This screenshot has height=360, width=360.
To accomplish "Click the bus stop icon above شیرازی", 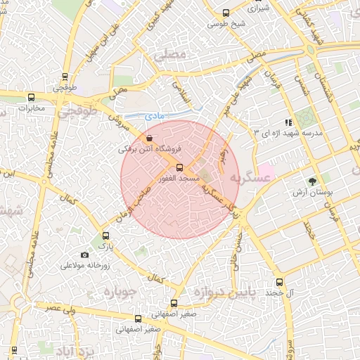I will click(x=226, y=12).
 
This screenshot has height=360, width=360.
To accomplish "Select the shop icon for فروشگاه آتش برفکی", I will click(x=149, y=139).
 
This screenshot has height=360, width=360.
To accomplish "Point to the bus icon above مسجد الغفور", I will click(x=180, y=167).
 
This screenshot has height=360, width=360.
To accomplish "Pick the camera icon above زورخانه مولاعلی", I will click(x=85, y=255).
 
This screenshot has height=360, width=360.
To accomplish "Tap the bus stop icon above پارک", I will click(x=106, y=236).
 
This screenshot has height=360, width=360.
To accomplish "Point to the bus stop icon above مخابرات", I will click(x=30, y=98).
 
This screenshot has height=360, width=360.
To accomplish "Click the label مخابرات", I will click(x=31, y=108).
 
